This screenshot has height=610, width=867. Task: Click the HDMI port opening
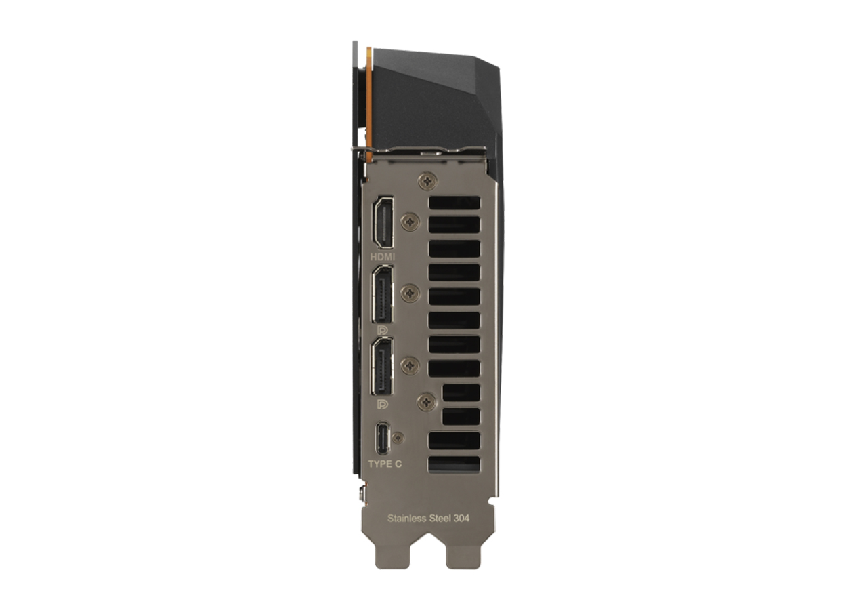coord(383,222)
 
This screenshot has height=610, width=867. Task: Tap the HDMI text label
coord(383,257)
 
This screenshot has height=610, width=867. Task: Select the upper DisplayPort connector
coord(383,295)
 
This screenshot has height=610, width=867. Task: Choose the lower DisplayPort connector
coord(383,367)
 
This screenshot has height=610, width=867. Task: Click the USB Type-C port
coord(383,438)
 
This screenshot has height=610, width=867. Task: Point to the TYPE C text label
coord(385,464)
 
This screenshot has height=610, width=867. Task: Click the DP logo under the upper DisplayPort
coord(383,330)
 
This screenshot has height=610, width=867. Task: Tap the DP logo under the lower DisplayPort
coord(383,404)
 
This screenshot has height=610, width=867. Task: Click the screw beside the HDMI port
coord(410,222)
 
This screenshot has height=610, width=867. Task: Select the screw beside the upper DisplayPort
coord(410,293)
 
